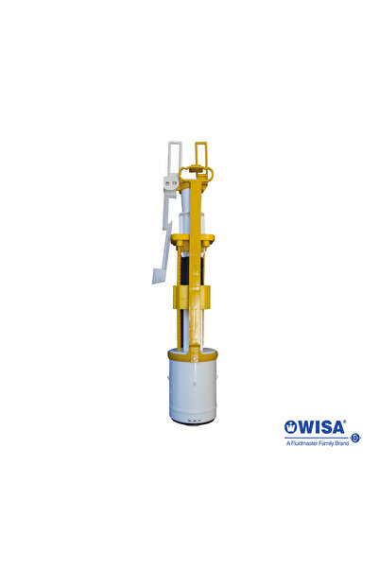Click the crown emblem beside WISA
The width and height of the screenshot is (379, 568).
click(x=290, y=427)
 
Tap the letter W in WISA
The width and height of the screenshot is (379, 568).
click(x=305, y=427)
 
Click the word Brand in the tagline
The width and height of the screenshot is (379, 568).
click(x=342, y=443)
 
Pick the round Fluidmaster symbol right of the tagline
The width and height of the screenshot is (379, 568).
click(x=355, y=438)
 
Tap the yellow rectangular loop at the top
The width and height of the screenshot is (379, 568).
click(x=201, y=153)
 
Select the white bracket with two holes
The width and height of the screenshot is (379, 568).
click(x=171, y=183)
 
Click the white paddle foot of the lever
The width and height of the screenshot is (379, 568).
click(x=160, y=275)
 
